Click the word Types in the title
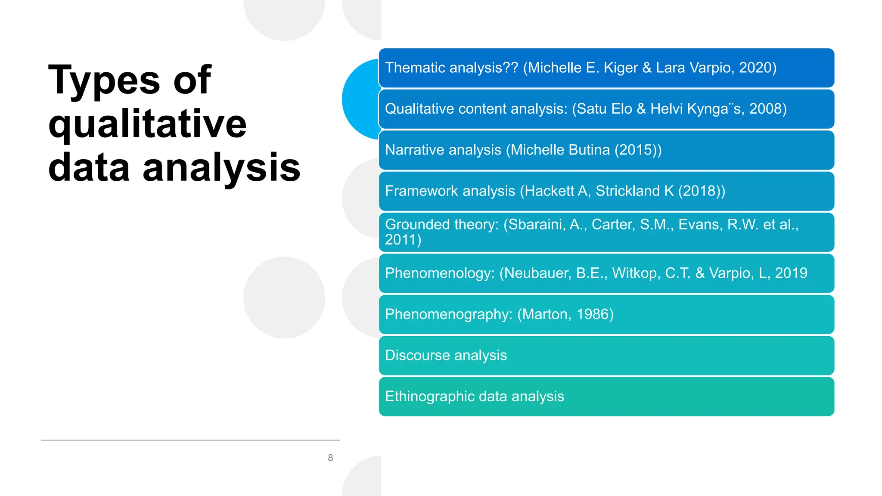[x=103, y=81]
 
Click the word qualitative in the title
[x=147, y=125]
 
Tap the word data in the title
[x=89, y=168]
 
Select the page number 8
[x=330, y=458]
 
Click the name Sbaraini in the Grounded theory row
[x=536, y=224]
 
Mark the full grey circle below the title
[x=284, y=298]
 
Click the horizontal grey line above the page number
[x=190, y=440]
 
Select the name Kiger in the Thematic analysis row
[x=621, y=68]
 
